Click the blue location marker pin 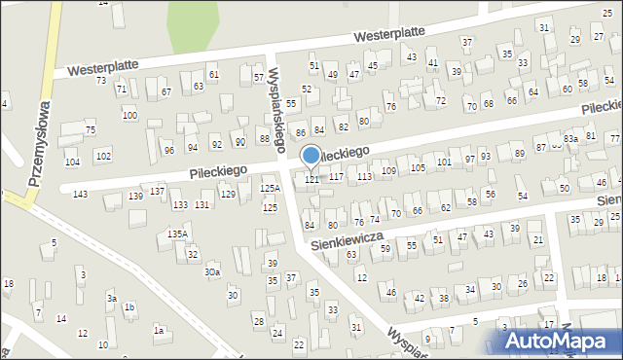click(311, 156)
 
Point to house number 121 click(312, 179)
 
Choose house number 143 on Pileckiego click(80, 195)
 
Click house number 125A click(270, 189)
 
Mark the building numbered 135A click(177, 234)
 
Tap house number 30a click(211, 272)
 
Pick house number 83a click(570, 140)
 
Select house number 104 click(72, 162)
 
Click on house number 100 click(129, 116)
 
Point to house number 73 click(101, 80)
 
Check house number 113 click(364, 176)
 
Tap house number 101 click(444, 162)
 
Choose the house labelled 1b click(129, 307)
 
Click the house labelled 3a click(112, 298)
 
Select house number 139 click(135, 197)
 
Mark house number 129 click(228, 195)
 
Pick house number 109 click(389, 171)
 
